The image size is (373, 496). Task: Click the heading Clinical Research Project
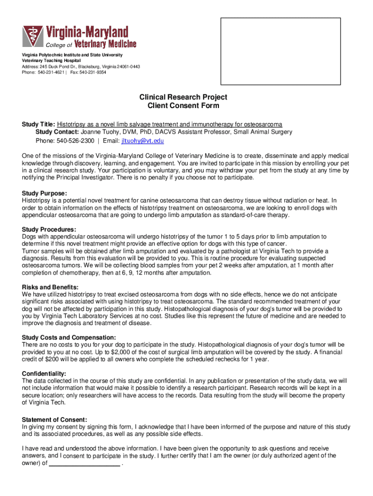[183, 97]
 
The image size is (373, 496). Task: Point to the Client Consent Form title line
[183, 106]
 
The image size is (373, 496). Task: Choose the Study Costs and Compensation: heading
[69, 337]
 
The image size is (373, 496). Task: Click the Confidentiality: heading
[44, 373]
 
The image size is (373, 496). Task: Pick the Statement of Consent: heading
[55, 419]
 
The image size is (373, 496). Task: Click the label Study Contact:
[57, 132]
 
